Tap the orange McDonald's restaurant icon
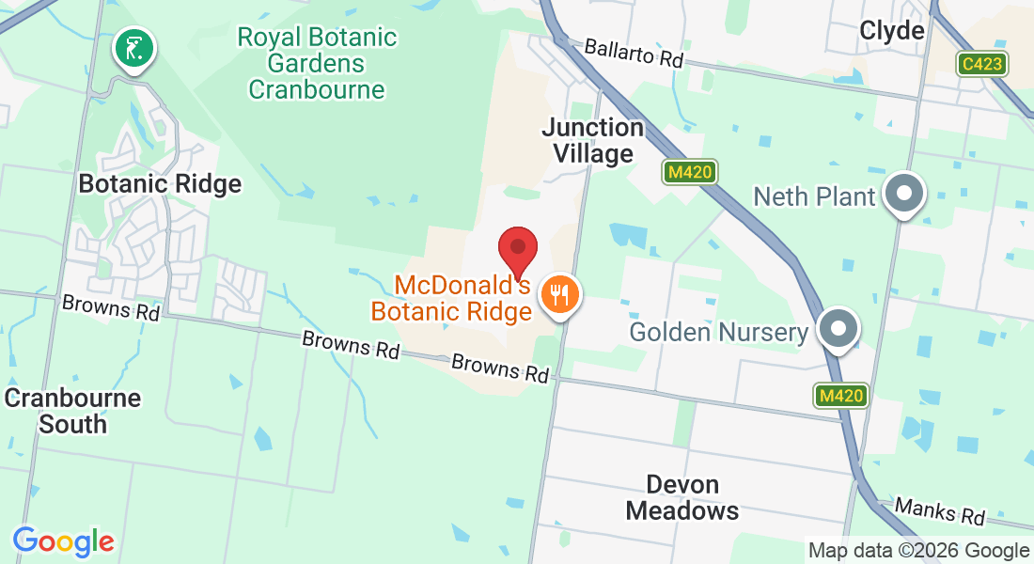tap(560, 296)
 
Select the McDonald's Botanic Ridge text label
tap(452, 297)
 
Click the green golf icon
tap(134, 48)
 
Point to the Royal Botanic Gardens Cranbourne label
tap(317, 64)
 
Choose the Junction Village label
tap(593, 140)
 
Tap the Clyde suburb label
tap(892, 31)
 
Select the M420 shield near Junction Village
tap(691, 172)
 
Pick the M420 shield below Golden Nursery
tap(840, 396)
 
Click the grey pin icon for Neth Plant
tap(904, 194)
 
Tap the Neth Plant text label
tap(815, 196)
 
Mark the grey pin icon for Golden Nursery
tap(837, 329)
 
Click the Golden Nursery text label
tap(719, 332)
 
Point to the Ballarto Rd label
tap(633, 52)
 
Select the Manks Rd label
tap(939, 511)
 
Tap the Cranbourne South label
tap(72, 411)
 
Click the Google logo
tap(63, 541)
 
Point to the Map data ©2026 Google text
tap(918, 551)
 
